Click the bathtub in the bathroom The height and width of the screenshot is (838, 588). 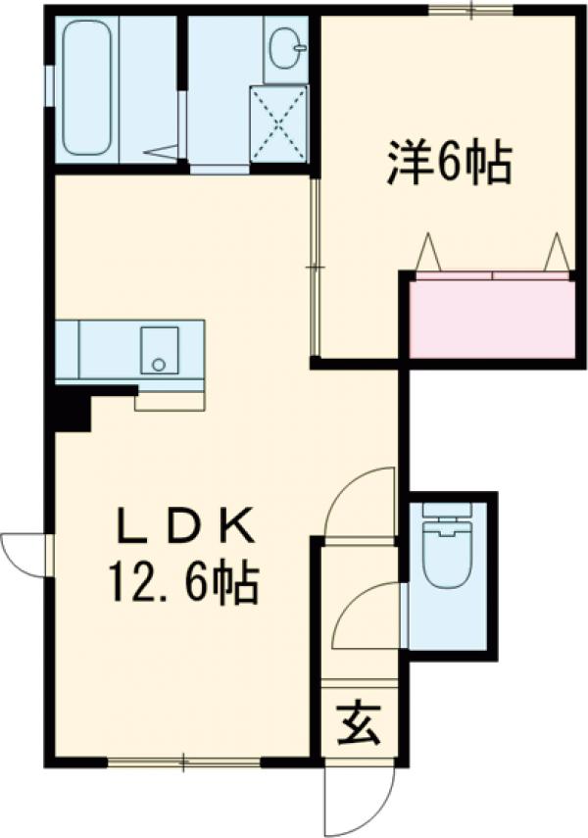[86, 87]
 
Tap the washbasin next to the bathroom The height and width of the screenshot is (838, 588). [284, 48]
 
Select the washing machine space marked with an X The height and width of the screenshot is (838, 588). [278, 123]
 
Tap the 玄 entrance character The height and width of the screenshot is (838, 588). [359, 726]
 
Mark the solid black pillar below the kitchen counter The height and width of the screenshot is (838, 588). [73, 409]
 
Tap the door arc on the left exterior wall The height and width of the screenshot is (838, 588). [24, 555]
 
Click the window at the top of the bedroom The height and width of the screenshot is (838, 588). [471, 11]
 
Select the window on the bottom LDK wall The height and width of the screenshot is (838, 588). [184, 761]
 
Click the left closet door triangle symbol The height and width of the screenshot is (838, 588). [428, 253]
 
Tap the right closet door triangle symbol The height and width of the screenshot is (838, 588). [557, 252]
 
